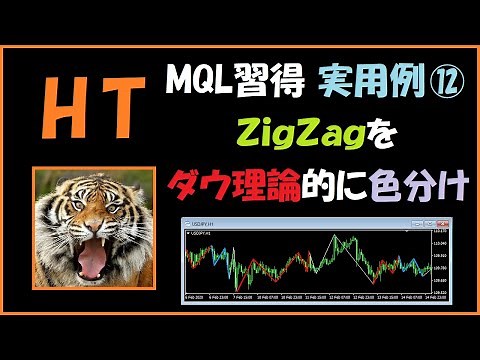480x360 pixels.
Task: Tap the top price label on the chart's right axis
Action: click(437, 232)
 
